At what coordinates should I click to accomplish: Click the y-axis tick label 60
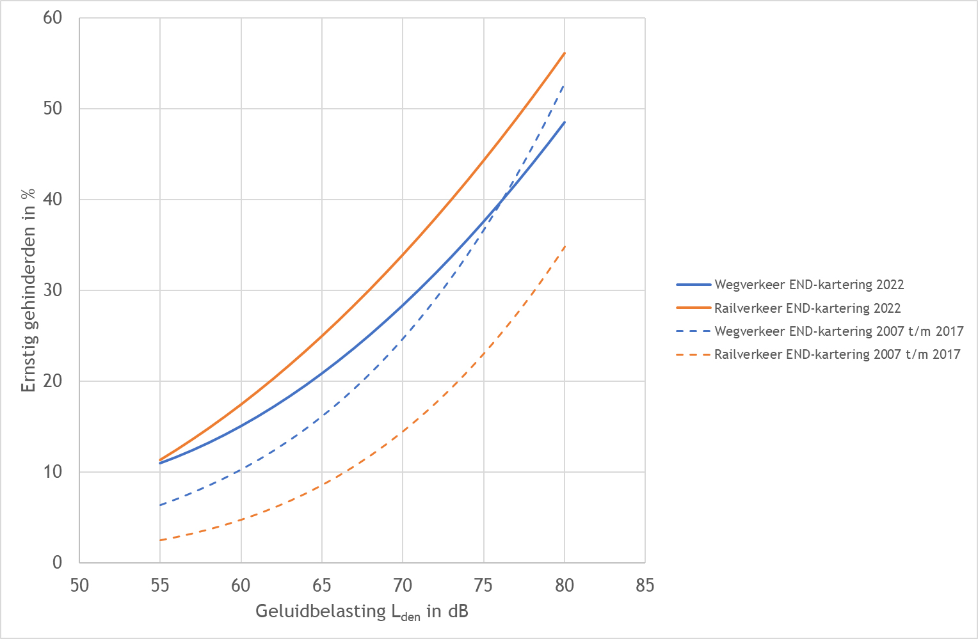coord(53,18)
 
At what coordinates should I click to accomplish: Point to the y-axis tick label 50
coord(53,109)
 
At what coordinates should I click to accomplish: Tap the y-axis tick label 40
coord(53,200)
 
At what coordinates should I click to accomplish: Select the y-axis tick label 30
coord(53,290)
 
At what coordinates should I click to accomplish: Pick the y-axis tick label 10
coord(53,472)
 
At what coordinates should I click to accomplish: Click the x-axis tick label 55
coord(160,585)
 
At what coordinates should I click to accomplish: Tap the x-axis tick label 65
coord(322,585)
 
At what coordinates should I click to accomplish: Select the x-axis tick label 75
coord(483,585)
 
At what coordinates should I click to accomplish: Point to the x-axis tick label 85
coord(645,585)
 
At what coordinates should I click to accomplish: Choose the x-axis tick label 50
coord(79,585)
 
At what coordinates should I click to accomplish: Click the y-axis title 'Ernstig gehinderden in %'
coord(28,290)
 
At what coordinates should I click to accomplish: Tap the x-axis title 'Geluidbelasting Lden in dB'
coord(362,611)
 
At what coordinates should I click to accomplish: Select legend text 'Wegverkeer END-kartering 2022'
coord(809,285)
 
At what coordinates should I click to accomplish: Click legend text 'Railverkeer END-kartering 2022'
coord(807,308)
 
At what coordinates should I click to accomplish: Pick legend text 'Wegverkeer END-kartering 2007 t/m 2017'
coord(838,331)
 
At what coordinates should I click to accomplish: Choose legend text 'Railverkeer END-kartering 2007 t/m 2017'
coord(837,354)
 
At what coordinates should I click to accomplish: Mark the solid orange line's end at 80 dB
coord(565,53)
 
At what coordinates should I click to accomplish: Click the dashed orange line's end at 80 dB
coord(565,246)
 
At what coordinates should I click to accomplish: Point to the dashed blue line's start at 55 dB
coord(160,505)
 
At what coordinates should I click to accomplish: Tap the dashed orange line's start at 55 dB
coord(160,540)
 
